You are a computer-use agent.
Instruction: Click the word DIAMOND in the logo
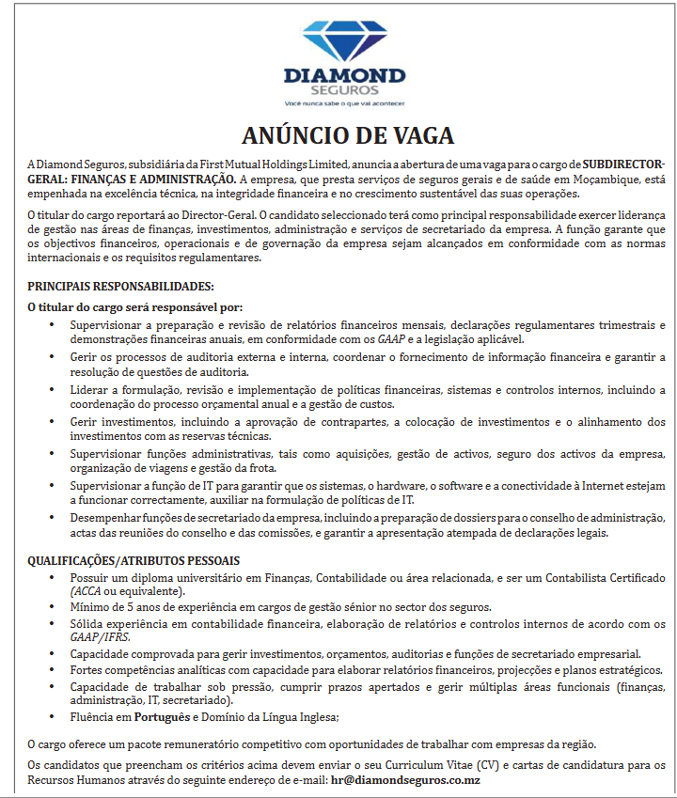tap(345, 76)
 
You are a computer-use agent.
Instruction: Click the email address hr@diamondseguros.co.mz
tap(406, 779)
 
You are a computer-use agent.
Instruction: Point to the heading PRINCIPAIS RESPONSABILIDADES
tap(120, 286)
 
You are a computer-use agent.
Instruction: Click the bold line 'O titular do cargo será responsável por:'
tap(135, 306)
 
